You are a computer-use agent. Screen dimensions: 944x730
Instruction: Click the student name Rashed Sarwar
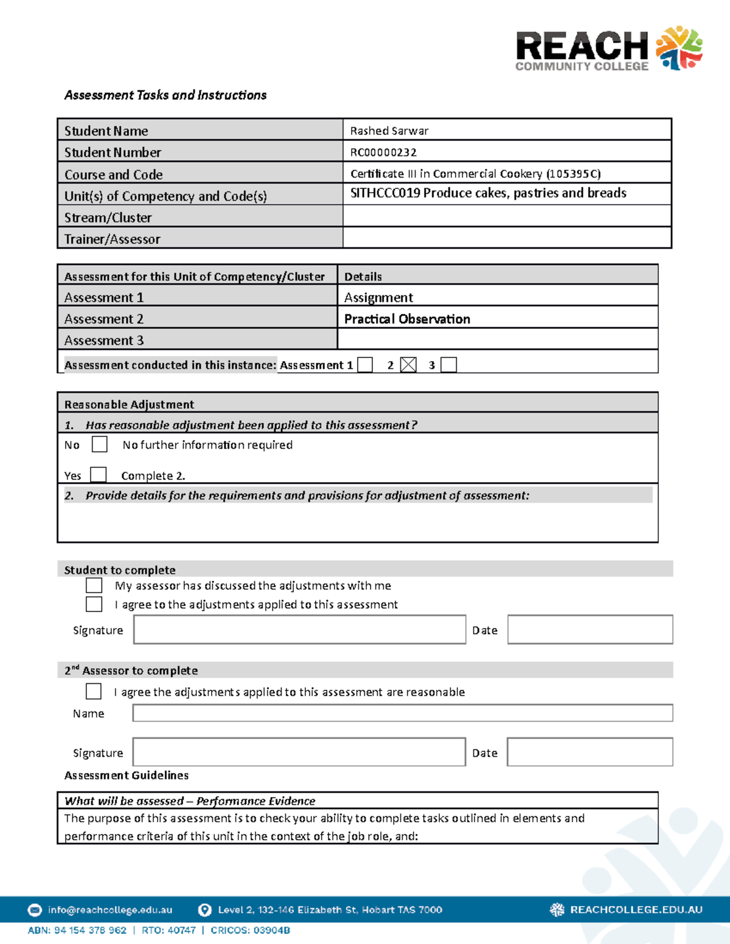click(389, 131)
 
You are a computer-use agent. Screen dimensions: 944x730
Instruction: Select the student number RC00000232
click(383, 152)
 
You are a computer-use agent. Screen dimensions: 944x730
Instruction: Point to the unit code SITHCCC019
click(385, 193)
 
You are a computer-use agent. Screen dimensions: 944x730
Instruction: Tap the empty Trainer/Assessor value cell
click(506, 238)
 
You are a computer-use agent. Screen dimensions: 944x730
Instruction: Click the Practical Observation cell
click(407, 319)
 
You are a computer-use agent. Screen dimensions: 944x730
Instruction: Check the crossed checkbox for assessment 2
click(408, 365)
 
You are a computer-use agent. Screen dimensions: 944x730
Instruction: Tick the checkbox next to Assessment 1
click(365, 365)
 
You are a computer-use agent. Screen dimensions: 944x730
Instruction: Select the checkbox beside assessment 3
click(448, 365)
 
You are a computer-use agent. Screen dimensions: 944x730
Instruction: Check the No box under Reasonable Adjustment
click(99, 444)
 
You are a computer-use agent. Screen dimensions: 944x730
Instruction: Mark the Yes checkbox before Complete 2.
click(98, 475)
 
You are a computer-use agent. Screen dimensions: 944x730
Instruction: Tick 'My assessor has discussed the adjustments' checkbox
click(94, 585)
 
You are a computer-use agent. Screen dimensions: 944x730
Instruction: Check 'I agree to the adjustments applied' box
click(94, 604)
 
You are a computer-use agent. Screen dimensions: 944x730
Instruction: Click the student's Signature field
click(299, 630)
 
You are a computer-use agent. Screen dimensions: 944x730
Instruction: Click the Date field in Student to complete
click(589, 630)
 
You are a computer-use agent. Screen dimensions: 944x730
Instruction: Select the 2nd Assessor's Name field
click(402, 713)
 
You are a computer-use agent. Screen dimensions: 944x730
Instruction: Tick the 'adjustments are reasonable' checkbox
click(94, 692)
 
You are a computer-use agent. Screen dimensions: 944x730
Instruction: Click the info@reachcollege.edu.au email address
click(110, 910)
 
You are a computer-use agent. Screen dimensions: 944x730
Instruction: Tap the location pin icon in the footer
click(205, 910)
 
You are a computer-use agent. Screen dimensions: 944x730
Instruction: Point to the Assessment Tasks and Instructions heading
click(165, 95)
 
